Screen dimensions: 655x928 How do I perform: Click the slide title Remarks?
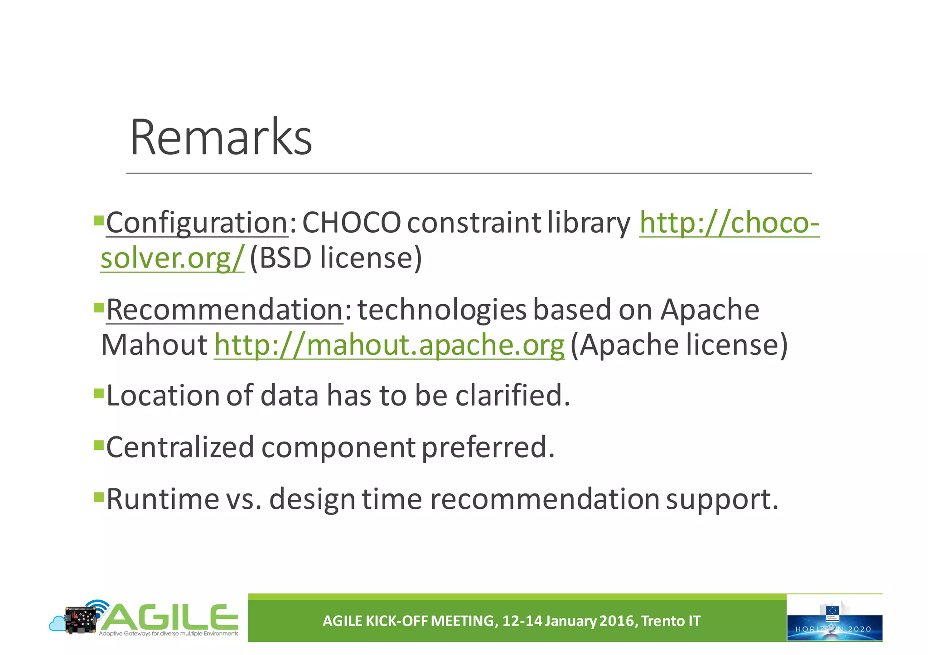coord(221,137)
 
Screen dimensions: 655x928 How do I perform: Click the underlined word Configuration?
coord(197,223)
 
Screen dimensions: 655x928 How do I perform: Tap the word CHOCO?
coord(351,223)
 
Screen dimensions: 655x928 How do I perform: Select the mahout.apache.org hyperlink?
coord(389,345)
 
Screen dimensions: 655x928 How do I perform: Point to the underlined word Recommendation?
coord(225,310)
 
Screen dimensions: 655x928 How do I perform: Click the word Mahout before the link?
coord(154,345)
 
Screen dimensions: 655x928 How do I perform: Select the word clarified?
coord(512,395)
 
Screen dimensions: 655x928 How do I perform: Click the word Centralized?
coord(180,447)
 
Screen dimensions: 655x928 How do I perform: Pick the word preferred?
coord(488,447)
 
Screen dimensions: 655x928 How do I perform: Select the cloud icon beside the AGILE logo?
coord(58,624)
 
